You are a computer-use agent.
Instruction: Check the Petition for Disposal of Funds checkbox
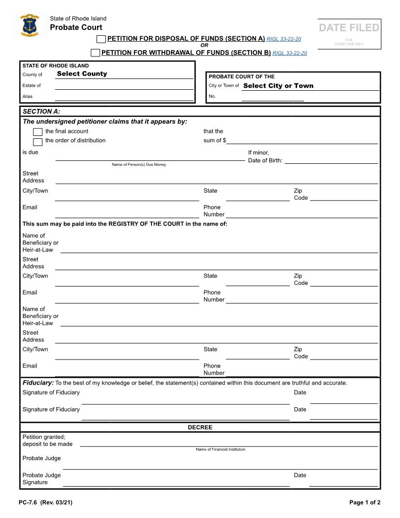click(x=101, y=39)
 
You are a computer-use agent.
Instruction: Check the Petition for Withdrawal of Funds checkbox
click(x=96, y=53)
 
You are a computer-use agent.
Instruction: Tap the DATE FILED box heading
click(x=349, y=28)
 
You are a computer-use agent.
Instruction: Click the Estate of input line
click(x=124, y=86)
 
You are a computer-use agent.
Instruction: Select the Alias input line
click(x=124, y=97)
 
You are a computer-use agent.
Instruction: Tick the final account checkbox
click(x=38, y=132)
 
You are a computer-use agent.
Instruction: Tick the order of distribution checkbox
click(x=38, y=142)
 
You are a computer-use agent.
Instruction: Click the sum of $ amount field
click(x=302, y=140)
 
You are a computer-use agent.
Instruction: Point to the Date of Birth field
click(x=331, y=160)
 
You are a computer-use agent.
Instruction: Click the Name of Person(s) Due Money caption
click(x=139, y=165)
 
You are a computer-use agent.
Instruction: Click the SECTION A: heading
click(x=42, y=111)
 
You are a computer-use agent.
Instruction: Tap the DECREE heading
click(x=200, y=427)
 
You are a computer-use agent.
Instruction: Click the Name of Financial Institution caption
click(x=221, y=449)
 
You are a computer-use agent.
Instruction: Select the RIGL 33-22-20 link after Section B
click(x=290, y=53)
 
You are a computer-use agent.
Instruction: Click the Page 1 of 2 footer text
click(x=365, y=502)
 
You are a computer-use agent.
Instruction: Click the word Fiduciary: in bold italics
click(x=38, y=383)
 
